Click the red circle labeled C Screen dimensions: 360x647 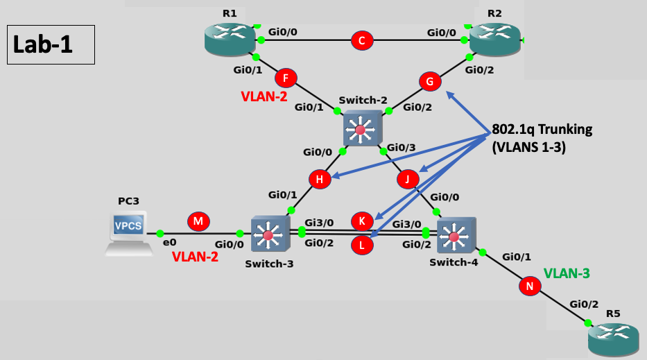pos(361,40)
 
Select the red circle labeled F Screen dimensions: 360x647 pos(285,78)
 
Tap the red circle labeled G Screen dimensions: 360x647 pos(430,81)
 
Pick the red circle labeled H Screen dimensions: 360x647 pos(320,180)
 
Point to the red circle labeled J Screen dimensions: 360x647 pos(408,180)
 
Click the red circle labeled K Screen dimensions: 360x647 pos(361,221)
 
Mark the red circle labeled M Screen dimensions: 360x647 pos(198,221)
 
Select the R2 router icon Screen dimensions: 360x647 pos(494,39)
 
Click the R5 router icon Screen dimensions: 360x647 pos(613,338)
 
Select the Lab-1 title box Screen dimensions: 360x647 pos(51,45)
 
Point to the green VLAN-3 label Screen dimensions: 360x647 pos(567,273)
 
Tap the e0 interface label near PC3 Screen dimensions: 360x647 pos(169,243)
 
